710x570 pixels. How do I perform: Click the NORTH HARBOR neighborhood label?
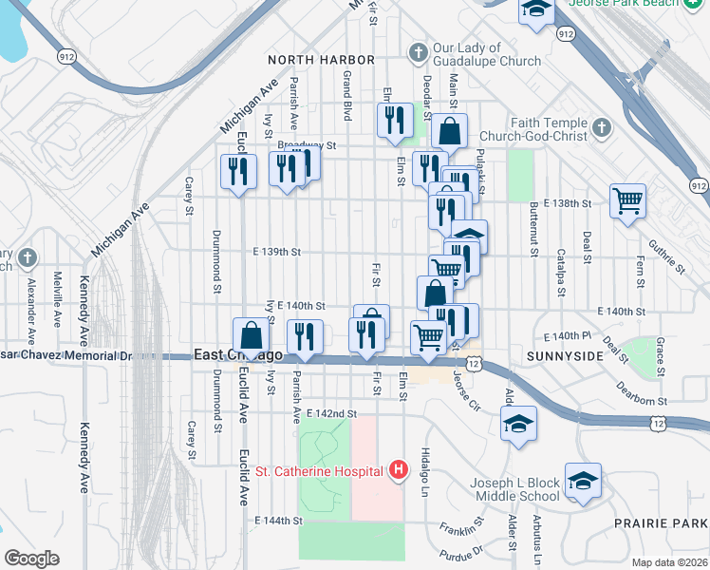point(315,59)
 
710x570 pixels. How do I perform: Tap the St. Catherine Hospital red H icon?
point(398,470)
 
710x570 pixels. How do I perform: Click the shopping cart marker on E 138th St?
point(627,201)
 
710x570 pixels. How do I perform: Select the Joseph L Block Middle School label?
point(514,489)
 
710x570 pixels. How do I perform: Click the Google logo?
point(32,559)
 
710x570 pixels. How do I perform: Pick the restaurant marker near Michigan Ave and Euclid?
point(238,172)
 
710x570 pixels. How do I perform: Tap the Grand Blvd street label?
point(347,87)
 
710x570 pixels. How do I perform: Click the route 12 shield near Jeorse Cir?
point(472,363)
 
